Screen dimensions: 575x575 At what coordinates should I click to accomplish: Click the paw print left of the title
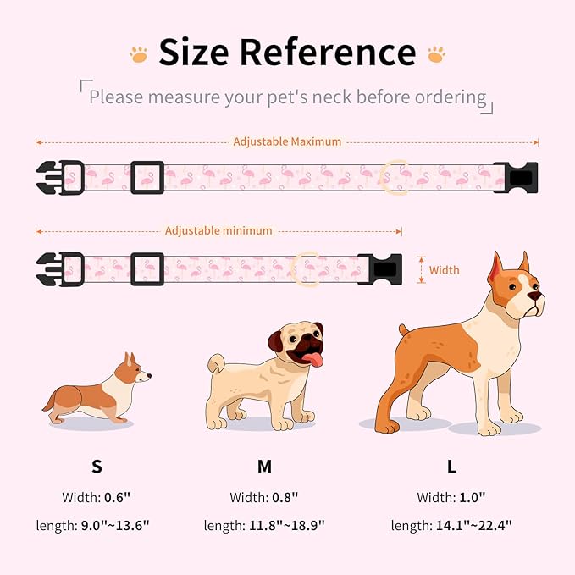click(x=138, y=54)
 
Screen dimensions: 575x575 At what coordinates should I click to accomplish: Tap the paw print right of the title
click(x=436, y=54)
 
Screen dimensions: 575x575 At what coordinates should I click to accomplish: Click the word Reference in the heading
click(x=328, y=53)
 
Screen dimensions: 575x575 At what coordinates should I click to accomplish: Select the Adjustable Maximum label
click(x=287, y=141)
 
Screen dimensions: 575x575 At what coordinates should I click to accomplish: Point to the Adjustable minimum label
click(x=218, y=230)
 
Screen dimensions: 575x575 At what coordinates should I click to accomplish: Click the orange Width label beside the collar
click(x=444, y=270)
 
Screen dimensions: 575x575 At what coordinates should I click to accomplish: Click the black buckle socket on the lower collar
click(x=379, y=268)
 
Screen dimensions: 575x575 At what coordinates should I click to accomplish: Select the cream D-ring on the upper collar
click(x=392, y=177)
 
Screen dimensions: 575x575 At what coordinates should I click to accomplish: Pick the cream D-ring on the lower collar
click(x=304, y=268)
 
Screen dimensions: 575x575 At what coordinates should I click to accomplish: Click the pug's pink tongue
click(x=313, y=361)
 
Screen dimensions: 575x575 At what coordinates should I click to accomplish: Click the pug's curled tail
click(x=214, y=364)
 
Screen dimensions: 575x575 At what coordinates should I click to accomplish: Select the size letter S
click(x=97, y=467)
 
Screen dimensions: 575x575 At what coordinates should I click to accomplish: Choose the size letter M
click(x=264, y=467)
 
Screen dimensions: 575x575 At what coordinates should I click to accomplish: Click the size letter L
click(x=452, y=467)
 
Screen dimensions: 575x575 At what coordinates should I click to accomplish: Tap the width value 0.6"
click(x=116, y=497)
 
